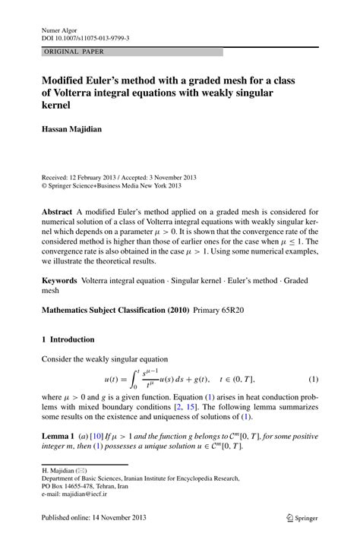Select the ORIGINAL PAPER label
74,52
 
